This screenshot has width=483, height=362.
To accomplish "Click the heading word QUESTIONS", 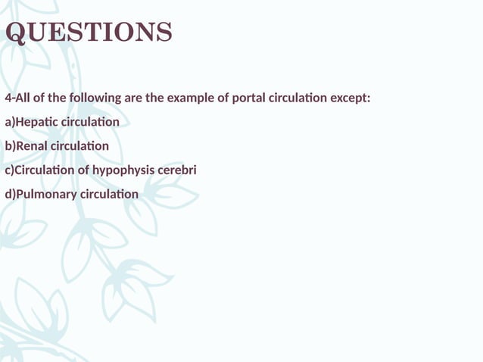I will (x=89, y=33).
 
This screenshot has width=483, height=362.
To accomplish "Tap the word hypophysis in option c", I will (x=123, y=170).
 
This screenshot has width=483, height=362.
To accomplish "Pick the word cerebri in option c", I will (x=176, y=170).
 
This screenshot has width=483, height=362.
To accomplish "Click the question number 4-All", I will (x=17, y=98).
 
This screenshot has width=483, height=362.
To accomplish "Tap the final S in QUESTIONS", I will (x=164, y=33).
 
